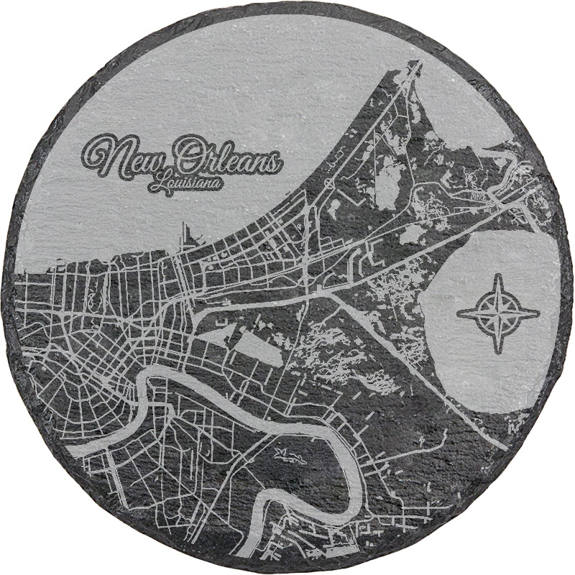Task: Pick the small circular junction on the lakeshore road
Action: (326, 185)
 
